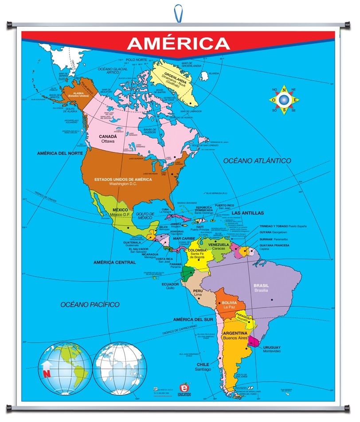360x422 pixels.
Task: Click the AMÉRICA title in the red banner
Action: coord(178,43)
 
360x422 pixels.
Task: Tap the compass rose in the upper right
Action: coord(283,100)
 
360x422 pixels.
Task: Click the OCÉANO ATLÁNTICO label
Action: coord(257,160)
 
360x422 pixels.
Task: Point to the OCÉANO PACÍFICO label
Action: coord(90,305)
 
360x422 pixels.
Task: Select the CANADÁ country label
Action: coord(108,137)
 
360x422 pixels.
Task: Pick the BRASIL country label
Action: coord(261,285)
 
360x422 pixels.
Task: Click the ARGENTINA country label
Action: coord(235,333)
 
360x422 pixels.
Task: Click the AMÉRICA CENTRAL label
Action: coord(114,262)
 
